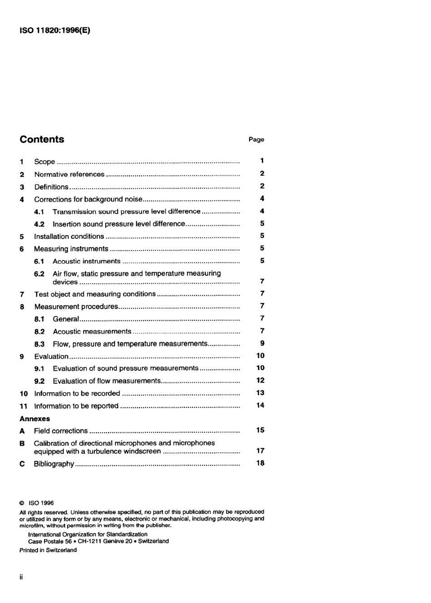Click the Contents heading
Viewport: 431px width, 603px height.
42,140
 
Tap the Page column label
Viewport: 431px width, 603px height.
256,140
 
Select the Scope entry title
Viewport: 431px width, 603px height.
44,162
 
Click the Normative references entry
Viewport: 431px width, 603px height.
69,174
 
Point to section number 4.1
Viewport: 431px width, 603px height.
39,212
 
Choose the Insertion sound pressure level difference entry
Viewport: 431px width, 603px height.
119,224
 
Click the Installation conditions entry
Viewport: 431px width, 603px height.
69,236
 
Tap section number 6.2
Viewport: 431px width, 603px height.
39,274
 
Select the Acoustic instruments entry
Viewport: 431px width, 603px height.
86,261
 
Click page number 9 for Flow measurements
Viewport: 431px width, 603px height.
262,343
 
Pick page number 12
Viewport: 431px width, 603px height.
260,381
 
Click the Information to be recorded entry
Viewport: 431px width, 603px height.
77,394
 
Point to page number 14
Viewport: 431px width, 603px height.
260,405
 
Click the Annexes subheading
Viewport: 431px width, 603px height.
34,419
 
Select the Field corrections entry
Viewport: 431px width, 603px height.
61,431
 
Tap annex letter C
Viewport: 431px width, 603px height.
22,464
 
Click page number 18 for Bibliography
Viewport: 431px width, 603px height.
260,463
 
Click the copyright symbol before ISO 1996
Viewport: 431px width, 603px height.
22,503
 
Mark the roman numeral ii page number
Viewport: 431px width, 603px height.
21,577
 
